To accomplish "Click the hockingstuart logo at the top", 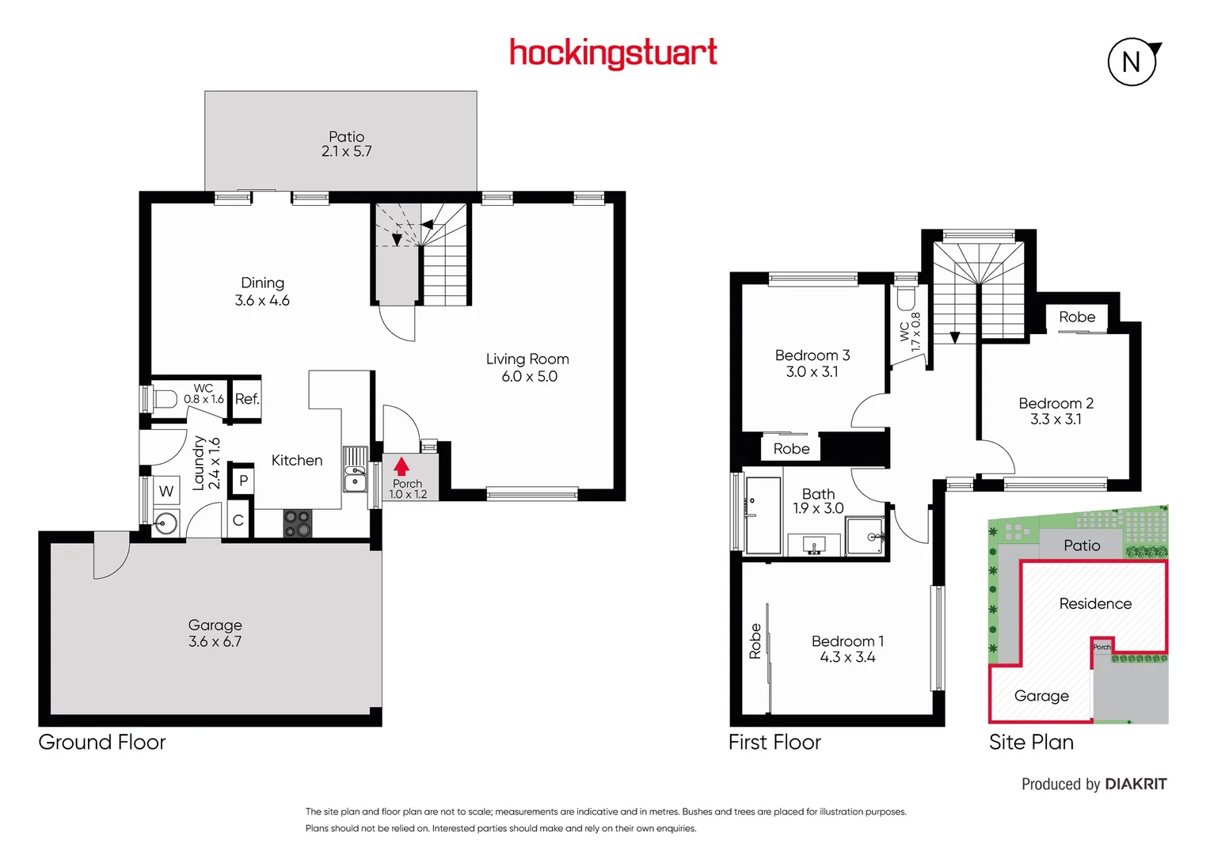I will point(613,53).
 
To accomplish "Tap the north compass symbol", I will point(1132,62).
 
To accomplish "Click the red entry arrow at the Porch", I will point(401,466).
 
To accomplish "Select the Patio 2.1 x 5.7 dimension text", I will point(346,151).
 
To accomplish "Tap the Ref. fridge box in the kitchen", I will point(247,399).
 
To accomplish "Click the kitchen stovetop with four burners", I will point(298,523).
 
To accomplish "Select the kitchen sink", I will point(355,480).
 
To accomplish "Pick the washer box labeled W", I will point(166,491).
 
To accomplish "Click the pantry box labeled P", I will point(243,481).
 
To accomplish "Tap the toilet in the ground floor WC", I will point(164,398).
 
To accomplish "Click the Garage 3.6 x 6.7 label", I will point(215,633).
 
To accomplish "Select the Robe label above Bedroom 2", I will point(1077,317).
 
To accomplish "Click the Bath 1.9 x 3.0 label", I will point(818,501).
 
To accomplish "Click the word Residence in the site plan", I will point(1095,604).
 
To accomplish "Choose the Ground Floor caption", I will point(102,743).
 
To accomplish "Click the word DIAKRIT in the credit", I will point(1136,785).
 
